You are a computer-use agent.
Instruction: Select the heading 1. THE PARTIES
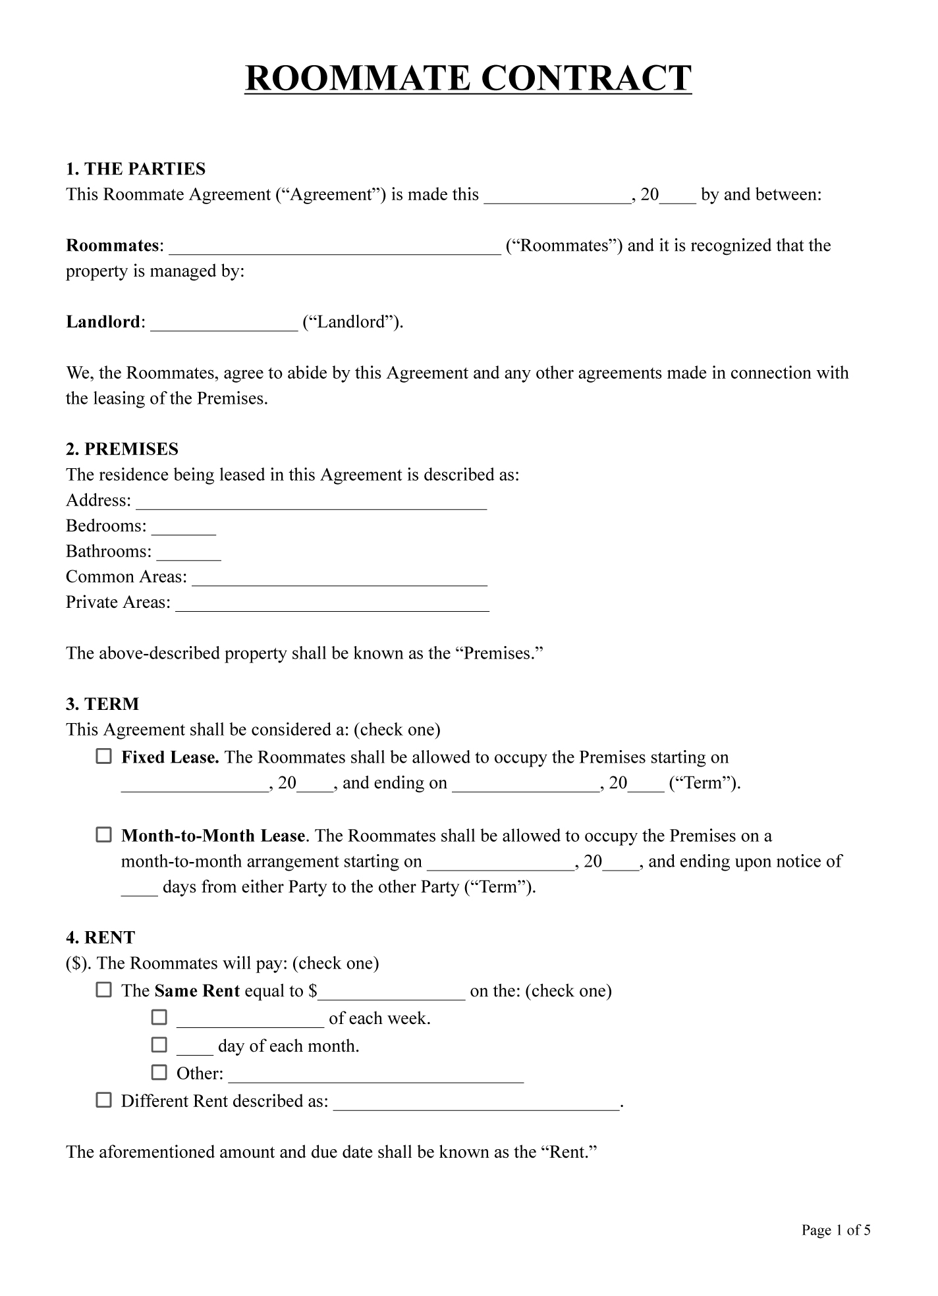[x=136, y=169]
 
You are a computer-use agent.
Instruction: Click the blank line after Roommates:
[x=335, y=248]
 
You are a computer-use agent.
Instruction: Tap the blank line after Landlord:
[x=224, y=324]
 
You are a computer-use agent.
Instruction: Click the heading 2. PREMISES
[x=122, y=449]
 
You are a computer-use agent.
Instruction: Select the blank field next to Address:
[x=311, y=502]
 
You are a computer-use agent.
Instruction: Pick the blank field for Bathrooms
[x=188, y=554]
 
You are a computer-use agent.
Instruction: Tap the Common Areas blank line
[x=339, y=579]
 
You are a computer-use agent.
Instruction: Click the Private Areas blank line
[x=332, y=605]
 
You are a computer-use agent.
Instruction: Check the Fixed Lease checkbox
[x=104, y=757]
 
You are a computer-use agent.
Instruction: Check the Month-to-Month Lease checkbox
[x=104, y=835]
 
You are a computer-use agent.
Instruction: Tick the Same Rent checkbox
[x=104, y=990]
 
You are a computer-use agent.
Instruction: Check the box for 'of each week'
[x=159, y=1017]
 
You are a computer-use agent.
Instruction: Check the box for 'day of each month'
[x=159, y=1044]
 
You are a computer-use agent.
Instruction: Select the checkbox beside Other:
[x=159, y=1072]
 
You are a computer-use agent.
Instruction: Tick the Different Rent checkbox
[x=104, y=1100]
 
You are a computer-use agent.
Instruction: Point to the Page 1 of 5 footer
[x=835, y=1230]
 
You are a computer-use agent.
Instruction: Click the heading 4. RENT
[x=100, y=938]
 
